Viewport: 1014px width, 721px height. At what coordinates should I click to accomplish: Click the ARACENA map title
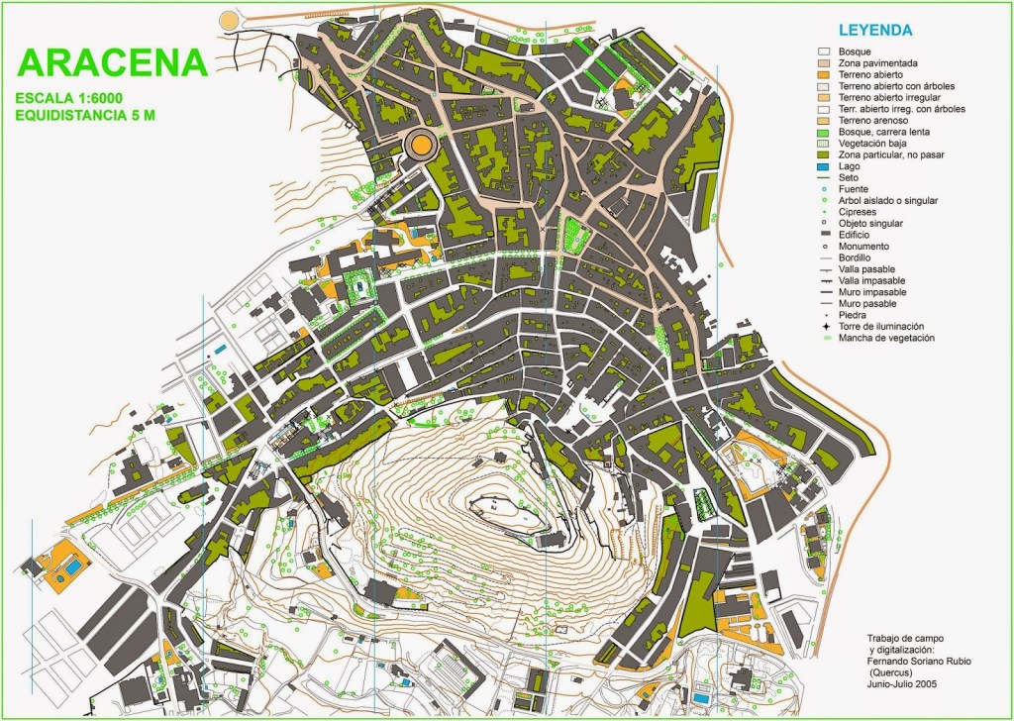113,61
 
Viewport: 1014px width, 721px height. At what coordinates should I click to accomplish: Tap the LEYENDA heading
874,31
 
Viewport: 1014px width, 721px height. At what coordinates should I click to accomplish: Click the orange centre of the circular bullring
421,146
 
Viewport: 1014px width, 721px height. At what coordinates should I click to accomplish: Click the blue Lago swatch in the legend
822,166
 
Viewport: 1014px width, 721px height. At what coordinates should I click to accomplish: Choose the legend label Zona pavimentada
870,62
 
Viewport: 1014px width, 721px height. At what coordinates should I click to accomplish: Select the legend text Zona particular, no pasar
892,154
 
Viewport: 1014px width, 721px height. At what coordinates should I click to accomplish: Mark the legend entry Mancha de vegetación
885,338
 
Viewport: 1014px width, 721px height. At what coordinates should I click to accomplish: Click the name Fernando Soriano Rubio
917,661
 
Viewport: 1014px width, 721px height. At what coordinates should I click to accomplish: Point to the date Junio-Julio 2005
902,683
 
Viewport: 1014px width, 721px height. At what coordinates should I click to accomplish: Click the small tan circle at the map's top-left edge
230,19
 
